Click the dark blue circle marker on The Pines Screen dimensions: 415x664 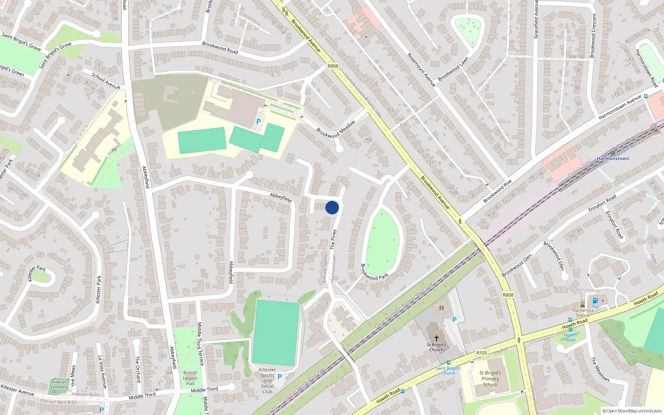tap(332, 207)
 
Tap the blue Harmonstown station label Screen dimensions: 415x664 tap(613, 159)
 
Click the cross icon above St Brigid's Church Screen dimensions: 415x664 tap(436, 338)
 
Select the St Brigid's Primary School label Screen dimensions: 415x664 tap(490, 378)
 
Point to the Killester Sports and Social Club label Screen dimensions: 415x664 tap(267, 381)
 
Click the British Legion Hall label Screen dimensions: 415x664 tap(190, 378)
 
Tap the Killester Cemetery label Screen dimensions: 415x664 tap(59, 385)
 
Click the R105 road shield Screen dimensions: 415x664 tap(482, 353)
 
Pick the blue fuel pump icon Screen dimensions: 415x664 tap(596, 301)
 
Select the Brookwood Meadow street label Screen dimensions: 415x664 tap(336, 129)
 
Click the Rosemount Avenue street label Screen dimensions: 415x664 tap(421, 70)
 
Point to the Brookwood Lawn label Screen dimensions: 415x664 tap(453, 68)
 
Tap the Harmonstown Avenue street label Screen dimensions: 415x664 tap(620, 107)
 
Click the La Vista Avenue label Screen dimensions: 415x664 tap(103, 372)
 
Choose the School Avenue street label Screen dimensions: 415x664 tap(106, 81)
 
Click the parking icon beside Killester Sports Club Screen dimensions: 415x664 tap(280, 377)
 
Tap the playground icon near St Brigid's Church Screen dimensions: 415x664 tap(441, 308)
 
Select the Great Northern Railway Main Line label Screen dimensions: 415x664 tap(403, 305)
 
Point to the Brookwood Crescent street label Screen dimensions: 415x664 tap(593, 36)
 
